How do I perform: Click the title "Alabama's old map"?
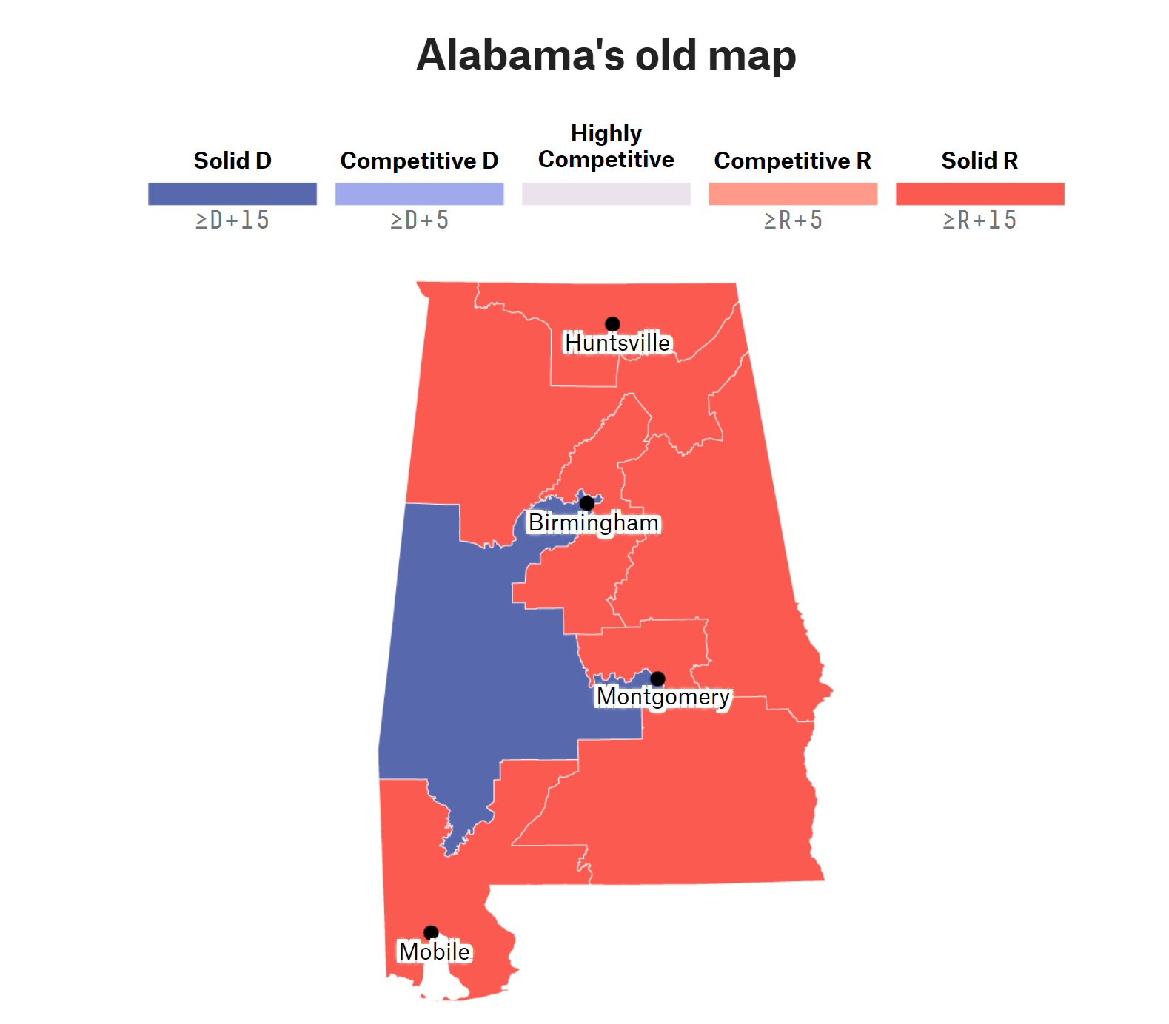606,55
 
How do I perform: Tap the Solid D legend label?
232,161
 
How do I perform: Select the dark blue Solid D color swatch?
232,194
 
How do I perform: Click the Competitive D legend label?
419,161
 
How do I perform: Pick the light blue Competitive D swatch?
419,194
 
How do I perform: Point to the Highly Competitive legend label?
606,146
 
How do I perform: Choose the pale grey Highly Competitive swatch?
606,194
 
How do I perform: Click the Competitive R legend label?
792,161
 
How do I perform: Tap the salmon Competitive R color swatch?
793,194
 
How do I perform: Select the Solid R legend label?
979,161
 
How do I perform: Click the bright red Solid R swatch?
979,194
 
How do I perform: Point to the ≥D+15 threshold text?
232,220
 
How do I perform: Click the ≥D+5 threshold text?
419,220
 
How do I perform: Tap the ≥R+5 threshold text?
793,220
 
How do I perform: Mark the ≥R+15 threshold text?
979,220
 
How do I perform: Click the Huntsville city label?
617,343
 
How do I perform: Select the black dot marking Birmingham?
587,503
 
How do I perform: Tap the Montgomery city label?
663,697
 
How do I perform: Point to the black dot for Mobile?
431,932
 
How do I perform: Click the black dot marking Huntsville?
612,324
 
